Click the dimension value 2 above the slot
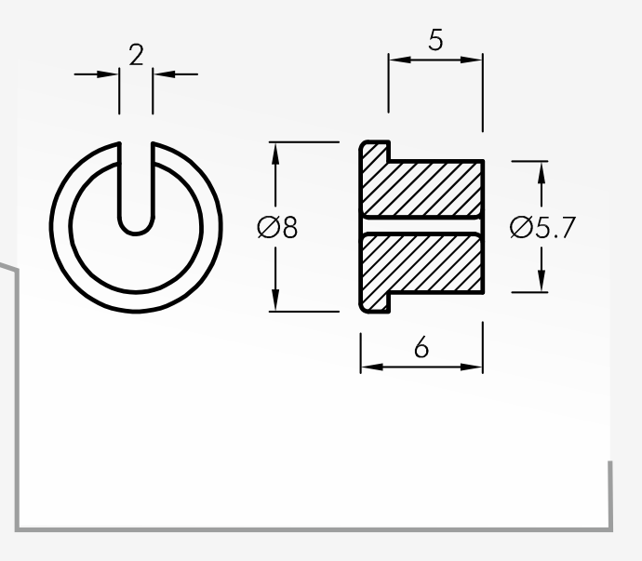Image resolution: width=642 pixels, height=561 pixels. tap(137, 55)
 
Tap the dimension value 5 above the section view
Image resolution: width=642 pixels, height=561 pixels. tap(435, 40)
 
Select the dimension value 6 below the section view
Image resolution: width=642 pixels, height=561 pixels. tap(421, 347)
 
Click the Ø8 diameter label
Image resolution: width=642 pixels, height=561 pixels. tap(277, 227)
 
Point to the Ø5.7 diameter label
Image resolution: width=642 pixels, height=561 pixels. tap(542, 227)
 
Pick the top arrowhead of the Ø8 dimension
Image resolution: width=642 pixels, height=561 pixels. tap(275, 154)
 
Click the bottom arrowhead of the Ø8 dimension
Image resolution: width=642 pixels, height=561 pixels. tap(275, 300)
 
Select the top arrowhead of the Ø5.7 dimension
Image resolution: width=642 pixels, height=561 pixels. tap(542, 173)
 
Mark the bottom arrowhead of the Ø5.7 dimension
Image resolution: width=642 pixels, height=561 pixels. tap(542, 281)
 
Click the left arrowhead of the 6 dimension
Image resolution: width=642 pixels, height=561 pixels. tap(372, 367)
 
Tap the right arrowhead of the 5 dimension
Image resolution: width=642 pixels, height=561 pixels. tap(471, 60)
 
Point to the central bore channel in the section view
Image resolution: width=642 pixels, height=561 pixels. tap(421, 225)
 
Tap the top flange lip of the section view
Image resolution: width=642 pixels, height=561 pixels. tap(375, 151)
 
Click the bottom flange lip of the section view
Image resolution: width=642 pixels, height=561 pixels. tap(375, 303)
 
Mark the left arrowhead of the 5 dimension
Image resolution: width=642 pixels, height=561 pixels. tap(400, 60)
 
